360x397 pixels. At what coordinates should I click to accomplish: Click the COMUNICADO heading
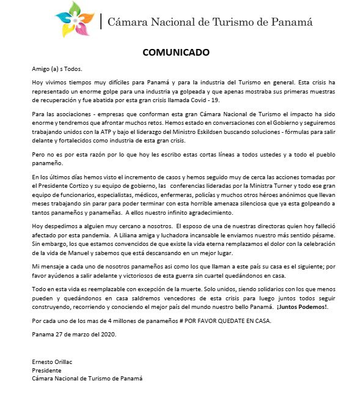(176, 52)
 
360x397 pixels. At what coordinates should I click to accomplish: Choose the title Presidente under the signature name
(46, 370)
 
